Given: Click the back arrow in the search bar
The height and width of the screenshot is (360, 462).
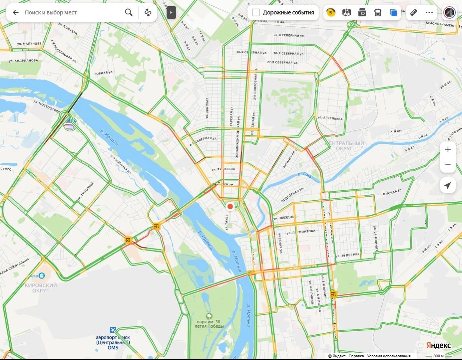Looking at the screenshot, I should click(x=16, y=12).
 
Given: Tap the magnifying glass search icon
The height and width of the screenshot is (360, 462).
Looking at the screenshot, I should click(x=129, y=12).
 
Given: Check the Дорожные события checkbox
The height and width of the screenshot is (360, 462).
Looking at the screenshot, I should click(x=256, y=12).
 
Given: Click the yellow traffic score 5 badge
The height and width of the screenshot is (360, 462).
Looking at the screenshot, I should click(x=331, y=12).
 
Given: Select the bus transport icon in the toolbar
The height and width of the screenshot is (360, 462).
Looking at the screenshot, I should click(x=378, y=12).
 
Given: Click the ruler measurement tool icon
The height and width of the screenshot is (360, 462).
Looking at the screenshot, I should click(x=414, y=12).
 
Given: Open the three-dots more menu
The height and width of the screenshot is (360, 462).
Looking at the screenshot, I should click(x=429, y=12).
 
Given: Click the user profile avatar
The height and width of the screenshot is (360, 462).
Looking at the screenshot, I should click(x=450, y=12).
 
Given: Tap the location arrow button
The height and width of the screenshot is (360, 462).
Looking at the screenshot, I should click(x=448, y=185).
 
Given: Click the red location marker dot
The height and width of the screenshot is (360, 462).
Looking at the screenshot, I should click(x=230, y=206).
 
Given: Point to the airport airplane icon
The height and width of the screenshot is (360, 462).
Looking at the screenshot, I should click(x=113, y=330).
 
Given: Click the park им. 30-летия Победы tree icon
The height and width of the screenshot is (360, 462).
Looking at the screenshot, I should click(x=210, y=316).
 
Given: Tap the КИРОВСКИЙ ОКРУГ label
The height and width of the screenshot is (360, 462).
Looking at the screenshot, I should click(x=41, y=288).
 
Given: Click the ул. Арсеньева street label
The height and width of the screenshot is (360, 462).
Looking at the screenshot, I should click(x=330, y=118).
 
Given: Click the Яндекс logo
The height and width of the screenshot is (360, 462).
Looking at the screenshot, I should click(x=438, y=346).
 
